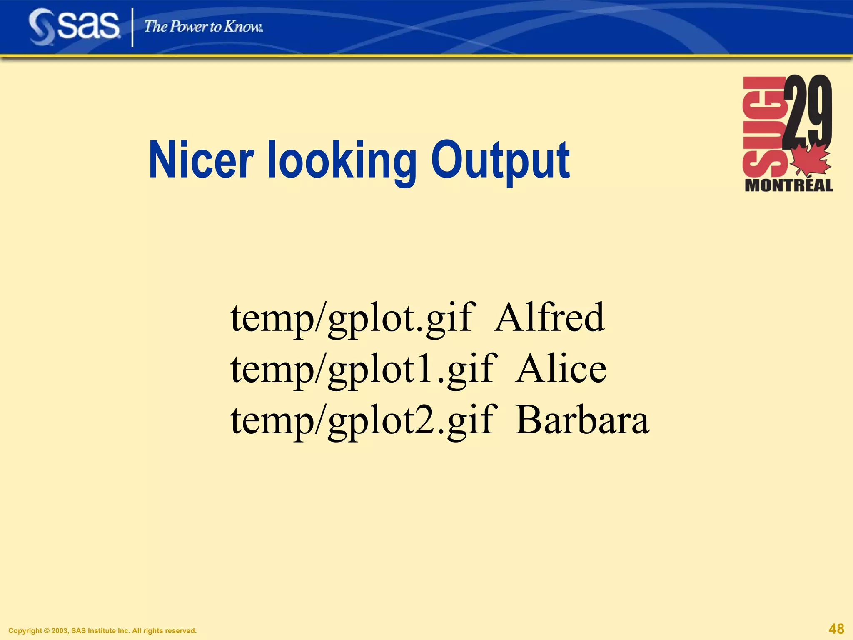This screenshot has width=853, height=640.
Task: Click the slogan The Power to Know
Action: [x=203, y=27]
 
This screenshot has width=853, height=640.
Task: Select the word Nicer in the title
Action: [x=201, y=160]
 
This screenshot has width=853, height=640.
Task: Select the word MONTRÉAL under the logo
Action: [x=788, y=185]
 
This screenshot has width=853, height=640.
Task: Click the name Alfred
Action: [x=549, y=317]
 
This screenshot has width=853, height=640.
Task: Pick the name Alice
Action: [x=561, y=369]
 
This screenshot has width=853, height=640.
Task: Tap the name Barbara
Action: [x=582, y=420]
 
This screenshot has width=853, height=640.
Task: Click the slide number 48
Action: [x=836, y=628]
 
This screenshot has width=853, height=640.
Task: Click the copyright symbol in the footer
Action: [x=46, y=631]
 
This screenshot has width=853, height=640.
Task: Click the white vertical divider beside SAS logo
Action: [x=133, y=27]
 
